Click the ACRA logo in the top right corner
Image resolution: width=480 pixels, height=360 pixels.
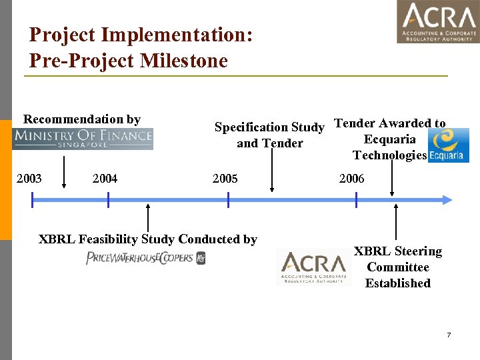[438, 22]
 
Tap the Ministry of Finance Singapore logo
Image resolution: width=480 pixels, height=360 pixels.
[83, 138]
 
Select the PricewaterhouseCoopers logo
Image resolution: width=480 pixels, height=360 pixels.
[145, 258]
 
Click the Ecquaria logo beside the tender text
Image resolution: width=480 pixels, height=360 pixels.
[448, 145]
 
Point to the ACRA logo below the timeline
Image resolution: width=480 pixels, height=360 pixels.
[313, 268]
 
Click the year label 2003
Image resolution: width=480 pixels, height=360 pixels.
[29, 178]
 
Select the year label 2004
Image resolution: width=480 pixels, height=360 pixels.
[105, 178]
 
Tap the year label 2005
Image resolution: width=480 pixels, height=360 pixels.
[225, 178]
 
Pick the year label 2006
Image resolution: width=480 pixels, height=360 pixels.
[351, 178]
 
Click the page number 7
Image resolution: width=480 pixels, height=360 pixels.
[449, 335]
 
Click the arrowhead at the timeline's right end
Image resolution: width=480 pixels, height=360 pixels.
[447, 199]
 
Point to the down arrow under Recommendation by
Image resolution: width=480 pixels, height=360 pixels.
[64, 173]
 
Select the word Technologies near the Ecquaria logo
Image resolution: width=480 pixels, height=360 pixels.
[389, 155]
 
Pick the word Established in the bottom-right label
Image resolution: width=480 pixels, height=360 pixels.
[397, 283]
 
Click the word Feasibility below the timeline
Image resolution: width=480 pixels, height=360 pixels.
[113, 239]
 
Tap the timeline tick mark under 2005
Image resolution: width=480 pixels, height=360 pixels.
[228, 199]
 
